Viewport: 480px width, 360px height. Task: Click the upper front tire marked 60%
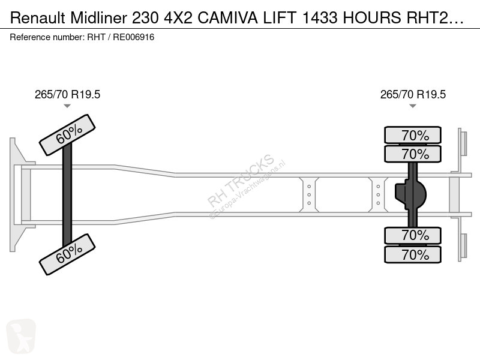(67, 135)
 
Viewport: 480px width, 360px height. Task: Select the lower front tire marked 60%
(67, 254)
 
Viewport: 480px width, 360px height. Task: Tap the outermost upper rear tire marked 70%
(413, 135)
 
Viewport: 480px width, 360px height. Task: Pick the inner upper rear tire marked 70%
(413, 154)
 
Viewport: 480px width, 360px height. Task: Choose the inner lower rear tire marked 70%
(413, 235)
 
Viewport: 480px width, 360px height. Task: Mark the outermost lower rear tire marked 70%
(413, 254)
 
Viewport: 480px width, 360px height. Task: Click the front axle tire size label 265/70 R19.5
(67, 95)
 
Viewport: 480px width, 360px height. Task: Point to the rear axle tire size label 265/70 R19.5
(413, 95)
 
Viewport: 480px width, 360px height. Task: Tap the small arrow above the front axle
(67, 106)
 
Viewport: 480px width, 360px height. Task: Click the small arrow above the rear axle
(413, 106)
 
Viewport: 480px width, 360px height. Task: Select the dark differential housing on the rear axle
(411, 194)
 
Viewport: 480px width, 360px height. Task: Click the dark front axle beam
(67, 194)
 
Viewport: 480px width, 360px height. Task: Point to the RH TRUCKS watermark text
(241, 181)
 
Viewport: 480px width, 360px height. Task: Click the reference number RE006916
(133, 37)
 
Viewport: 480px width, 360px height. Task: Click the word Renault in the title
(38, 18)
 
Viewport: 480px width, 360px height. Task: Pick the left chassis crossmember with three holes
(309, 194)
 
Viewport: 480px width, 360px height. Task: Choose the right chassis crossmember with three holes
(378, 194)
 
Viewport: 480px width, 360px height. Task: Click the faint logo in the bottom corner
(21, 336)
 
